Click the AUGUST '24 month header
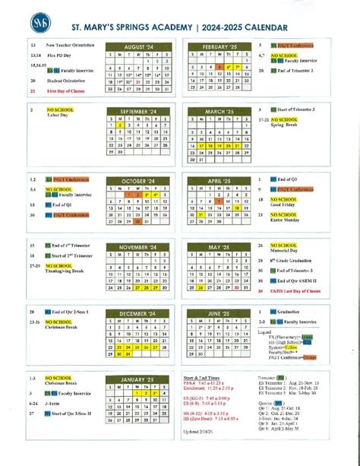(139, 47)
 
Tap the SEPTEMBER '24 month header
(139, 111)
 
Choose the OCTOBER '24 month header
(139, 180)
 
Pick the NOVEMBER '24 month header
(139, 247)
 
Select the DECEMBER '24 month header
(139, 313)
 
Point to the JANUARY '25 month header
(139, 379)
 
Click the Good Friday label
(283, 204)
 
